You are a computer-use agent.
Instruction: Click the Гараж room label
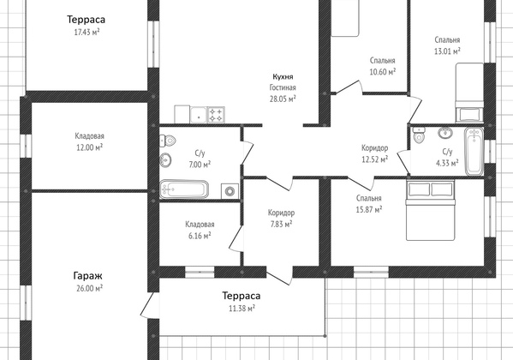[87, 276]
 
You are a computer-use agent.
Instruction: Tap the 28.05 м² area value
[283, 99]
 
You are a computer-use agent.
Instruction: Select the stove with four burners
[216, 115]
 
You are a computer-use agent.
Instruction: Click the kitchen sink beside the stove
[199, 115]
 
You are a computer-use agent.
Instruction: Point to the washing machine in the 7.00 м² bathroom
[230, 191]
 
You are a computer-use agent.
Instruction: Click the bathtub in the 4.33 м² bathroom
[474, 151]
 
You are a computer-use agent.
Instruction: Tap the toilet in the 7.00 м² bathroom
[168, 141]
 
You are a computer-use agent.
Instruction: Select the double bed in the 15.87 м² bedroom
[430, 211]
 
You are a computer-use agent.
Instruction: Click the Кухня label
[283, 76]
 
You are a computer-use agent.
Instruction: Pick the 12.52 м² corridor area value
[374, 159]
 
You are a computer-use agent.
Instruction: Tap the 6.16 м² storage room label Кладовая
[200, 225]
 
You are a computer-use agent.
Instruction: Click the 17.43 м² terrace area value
[86, 32]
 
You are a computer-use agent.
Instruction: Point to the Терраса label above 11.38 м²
[242, 296]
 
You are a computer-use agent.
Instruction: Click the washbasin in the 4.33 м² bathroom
[445, 133]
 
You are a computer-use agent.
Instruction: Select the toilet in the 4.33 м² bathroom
[419, 135]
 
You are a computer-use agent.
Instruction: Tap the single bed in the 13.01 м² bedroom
[469, 93]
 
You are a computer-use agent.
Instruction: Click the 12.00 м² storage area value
[89, 147]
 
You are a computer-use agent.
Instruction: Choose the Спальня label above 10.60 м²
[383, 61]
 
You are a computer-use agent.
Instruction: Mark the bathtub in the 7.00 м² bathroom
[184, 189]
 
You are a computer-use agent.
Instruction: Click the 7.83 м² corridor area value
[281, 224]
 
